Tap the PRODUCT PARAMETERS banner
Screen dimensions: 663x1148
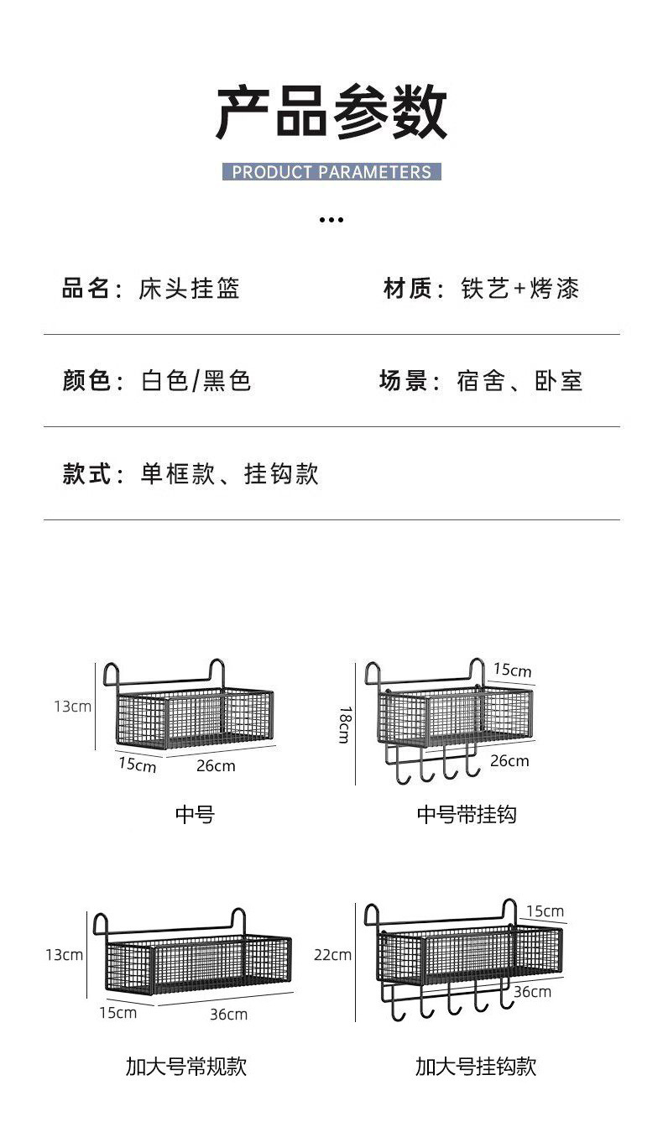click(331, 172)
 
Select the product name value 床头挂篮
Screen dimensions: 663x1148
click(190, 289)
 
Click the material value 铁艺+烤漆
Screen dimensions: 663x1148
click(520, 289)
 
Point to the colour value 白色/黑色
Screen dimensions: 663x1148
click(196, 381)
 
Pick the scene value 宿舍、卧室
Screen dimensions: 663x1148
click(519, 381)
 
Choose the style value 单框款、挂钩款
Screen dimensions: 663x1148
click(229, 474)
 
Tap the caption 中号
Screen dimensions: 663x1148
click(195, 814)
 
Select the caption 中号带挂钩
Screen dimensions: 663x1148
click(467, 814)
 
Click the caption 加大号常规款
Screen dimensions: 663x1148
click(186, 1067)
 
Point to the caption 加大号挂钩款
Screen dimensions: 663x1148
click(476, 1067)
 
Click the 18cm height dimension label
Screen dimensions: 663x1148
click(344, 723)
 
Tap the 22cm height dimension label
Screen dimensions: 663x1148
click(332, 954)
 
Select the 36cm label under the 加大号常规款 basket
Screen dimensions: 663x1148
click(228, 1014)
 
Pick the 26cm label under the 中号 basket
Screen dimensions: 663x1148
click(216, 765)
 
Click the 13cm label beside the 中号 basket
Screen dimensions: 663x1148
click(73, 706)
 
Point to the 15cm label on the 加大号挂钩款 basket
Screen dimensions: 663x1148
click(545, 911)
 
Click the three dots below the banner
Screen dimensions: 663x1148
click(331, 220)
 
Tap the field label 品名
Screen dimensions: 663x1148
click(86, 289)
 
